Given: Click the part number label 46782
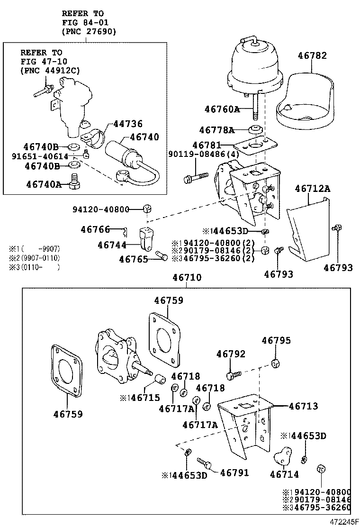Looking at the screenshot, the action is pyautogui.click(x=312, y=55).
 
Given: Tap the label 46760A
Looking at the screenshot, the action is pyautogui.click(x=222, y=109).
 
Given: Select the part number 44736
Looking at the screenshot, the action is pyautogui.click(x=127, y=124).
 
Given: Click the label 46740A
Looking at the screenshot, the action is pyautogui.click(x=44, y=184).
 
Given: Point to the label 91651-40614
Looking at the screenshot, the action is pyautogui.click(x=40, y=156).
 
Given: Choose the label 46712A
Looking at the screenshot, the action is pyautogui.click(x=312, y=189).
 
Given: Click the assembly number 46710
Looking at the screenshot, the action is pyautogui.click(x=187, y=277).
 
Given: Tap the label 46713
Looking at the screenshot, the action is pyautogui.click(x=303, y=406).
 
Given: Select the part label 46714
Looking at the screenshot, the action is pyautogui.click(x=284, y=474).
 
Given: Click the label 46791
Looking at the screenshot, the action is pyautogui.click(x=234, y=472).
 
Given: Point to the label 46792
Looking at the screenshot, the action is pyautogui.click(x=231, y=354).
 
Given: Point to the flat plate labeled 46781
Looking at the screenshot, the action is pyautogui.click(x=256, y=145).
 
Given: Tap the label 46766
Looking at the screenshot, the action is pyautogui.click(x=95, y=229).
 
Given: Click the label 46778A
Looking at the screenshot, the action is pyautogui.click(x=216, y=130).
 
